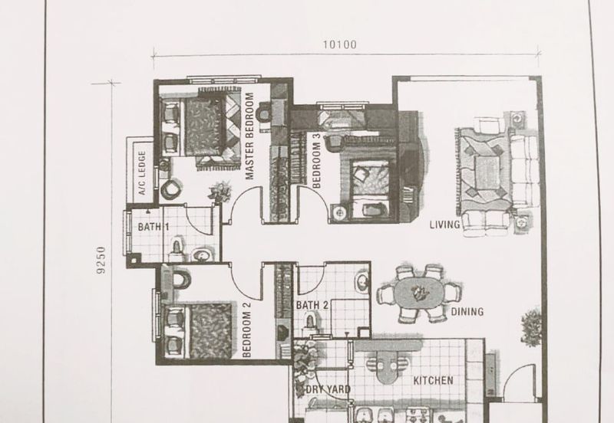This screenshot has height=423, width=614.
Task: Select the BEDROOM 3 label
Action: pos(317,159)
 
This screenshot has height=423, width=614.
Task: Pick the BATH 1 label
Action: pos(153,228)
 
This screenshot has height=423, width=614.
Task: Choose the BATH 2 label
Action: pos(312,305)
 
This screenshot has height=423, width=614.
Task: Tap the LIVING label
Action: pos(445,225)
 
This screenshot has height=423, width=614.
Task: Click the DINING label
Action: pos(467,312)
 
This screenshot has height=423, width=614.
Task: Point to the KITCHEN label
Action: pos(434,381)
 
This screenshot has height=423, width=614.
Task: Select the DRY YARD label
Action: pos(328,390)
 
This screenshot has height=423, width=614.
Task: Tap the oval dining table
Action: pos(418,292)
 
